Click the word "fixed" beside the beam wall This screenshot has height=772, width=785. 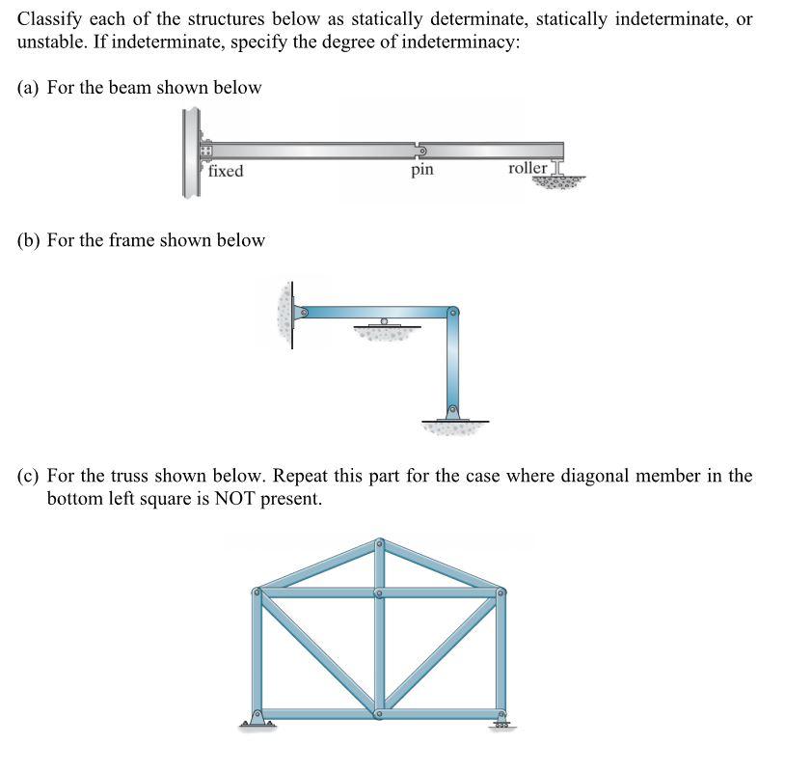(x=226, y=171)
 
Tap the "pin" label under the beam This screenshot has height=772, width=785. (x=421, y=170)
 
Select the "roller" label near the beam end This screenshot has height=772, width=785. (x=528, y=169)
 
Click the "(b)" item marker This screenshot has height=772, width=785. (x=29, y=239)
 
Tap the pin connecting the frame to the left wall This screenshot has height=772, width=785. (x=302, y=313)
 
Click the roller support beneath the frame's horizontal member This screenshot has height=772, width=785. (x=384, y=325)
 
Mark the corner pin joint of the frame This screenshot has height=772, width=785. (x=453, y=312)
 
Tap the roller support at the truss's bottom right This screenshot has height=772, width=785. (x=501, y=719)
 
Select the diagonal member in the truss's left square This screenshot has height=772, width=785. (x=317, y=653)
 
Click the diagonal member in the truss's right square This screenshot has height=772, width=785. (x=440, y=653)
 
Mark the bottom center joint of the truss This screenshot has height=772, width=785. (x=379, y=714)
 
